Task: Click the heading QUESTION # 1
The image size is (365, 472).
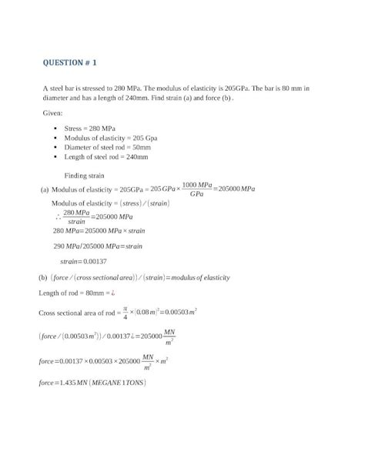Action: tap(69, 62)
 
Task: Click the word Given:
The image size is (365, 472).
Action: tap(54, 113)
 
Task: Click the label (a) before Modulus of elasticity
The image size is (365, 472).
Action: tap(44, 189)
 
